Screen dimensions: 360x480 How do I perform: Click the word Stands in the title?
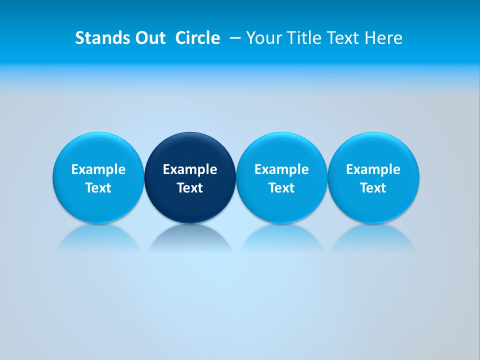96,38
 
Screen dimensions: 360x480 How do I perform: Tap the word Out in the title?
149,38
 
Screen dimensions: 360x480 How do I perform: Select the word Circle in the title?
197,38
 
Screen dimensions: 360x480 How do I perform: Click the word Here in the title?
384,38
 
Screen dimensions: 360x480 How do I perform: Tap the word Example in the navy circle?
190,169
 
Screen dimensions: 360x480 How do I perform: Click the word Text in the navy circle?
190,188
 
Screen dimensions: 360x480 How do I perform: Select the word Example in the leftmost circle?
98,169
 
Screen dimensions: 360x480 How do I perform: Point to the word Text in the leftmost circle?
98,188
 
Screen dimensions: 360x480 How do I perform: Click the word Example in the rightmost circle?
373,169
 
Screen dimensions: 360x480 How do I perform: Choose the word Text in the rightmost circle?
373,188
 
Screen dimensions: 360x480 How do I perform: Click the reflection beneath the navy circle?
190,239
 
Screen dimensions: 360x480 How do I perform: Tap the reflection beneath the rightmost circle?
373,239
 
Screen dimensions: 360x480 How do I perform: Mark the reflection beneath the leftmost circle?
98,239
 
